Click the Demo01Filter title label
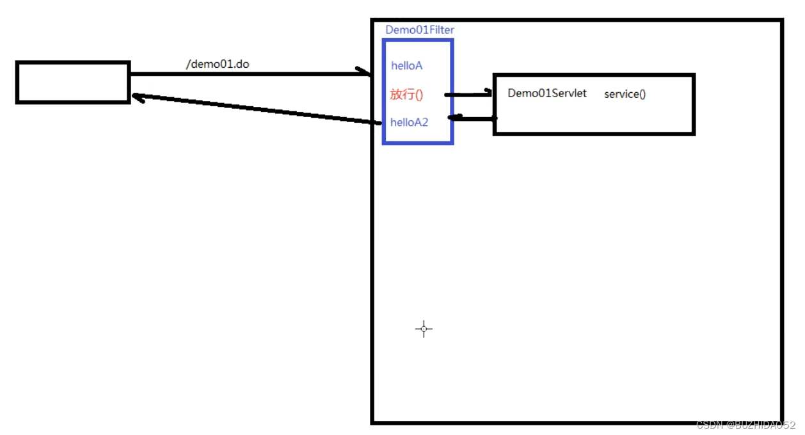click(x=420, y=30)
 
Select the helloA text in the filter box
click(x=406, y=66)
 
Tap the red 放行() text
click(x=406, y=95)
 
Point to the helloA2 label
click(x=409, y=122)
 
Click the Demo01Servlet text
click(x=547, y=93)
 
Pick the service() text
click(x=625, y=94)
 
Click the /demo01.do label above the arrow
click(x=217, y=64)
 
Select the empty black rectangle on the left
click(x=73, y=82)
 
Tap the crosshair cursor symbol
click(x=424, y=329)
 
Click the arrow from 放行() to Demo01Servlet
click(x=467, y=95)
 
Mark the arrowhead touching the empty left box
click(x=136, y=97)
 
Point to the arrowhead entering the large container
click(x=366, y=73)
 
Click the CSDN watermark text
click(x=745, y=425)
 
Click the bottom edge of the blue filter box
click(x=418, y=143)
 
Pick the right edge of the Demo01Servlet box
click(x=694, y=104)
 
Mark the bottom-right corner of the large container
click(x=781, y=422)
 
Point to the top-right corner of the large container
click(x=781, y=21)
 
